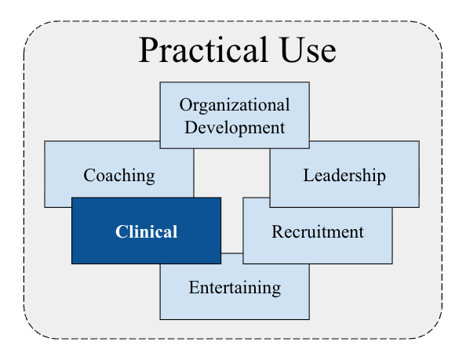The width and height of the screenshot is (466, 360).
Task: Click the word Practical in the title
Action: (203, 49)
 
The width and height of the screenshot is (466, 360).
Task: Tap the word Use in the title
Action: (308, 49)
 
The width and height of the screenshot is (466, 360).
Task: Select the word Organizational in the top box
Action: (235, 105)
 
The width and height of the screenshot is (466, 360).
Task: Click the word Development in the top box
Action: (235, 128)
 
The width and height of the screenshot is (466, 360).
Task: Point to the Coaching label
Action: (119, 176)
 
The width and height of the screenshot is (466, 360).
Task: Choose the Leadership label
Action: (344, 176)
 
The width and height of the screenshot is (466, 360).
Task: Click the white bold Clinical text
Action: (146, 231)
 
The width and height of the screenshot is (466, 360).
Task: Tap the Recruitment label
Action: (318, 231)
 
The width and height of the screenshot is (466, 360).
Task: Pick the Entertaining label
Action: (235, 288)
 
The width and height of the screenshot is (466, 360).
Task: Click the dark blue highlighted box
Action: (146, 231)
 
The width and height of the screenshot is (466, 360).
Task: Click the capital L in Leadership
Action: (308, 175)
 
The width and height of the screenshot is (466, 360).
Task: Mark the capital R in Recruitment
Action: (278, 231)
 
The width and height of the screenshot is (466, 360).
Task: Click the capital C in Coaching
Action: (89, 175)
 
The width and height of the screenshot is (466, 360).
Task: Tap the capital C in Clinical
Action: (121, 231)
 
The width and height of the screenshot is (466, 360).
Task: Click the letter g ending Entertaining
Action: (277, 290)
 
